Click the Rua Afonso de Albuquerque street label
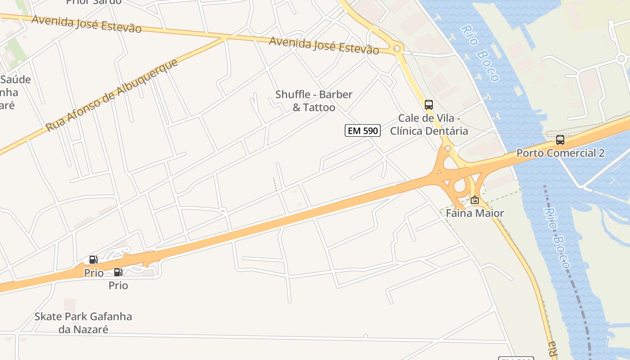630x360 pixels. (112, 95)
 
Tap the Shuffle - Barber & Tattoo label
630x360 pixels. (314, 101)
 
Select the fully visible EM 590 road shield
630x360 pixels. (363, 130)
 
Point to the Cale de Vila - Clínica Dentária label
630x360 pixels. (429, 125)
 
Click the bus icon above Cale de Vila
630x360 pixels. (429, 105)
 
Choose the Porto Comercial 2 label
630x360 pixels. (560, 153)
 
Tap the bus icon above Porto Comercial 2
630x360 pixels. (560, 139)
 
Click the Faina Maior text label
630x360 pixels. (475, 213)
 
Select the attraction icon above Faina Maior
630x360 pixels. (475, 200)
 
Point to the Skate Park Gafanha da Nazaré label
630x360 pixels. (83, 323)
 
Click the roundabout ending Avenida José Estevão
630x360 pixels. (397, 49)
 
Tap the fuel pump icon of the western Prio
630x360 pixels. (93, 260)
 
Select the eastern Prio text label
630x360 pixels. (118, 285)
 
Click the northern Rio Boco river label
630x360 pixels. (480, 53)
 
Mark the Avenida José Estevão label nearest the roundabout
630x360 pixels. (324, 46)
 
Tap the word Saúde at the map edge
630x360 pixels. (16, 80)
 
